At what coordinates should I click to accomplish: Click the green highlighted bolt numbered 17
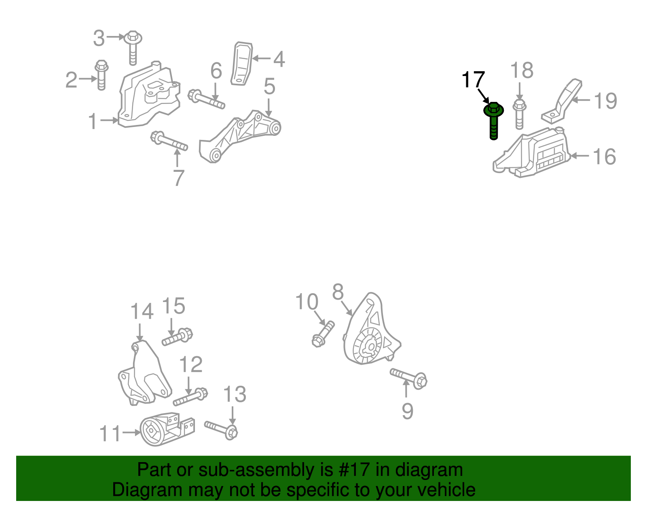(493, 120)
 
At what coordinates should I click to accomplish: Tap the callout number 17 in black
(473, 80)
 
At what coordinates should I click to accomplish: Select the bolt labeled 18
(520, 114)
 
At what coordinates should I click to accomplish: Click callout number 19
(605, 101)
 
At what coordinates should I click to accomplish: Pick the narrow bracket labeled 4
(241, 63)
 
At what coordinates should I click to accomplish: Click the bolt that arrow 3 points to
(133, 48)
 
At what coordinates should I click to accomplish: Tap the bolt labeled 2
(101, 75)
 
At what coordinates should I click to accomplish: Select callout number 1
(93, 121)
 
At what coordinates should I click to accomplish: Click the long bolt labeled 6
(206, 99)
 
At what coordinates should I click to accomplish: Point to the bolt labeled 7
(169, 141)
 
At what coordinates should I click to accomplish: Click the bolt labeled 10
(323, 334)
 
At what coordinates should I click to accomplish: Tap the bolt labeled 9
(408, 378)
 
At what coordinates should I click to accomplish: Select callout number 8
(338, 292)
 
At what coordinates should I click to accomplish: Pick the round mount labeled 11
(167, 429)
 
